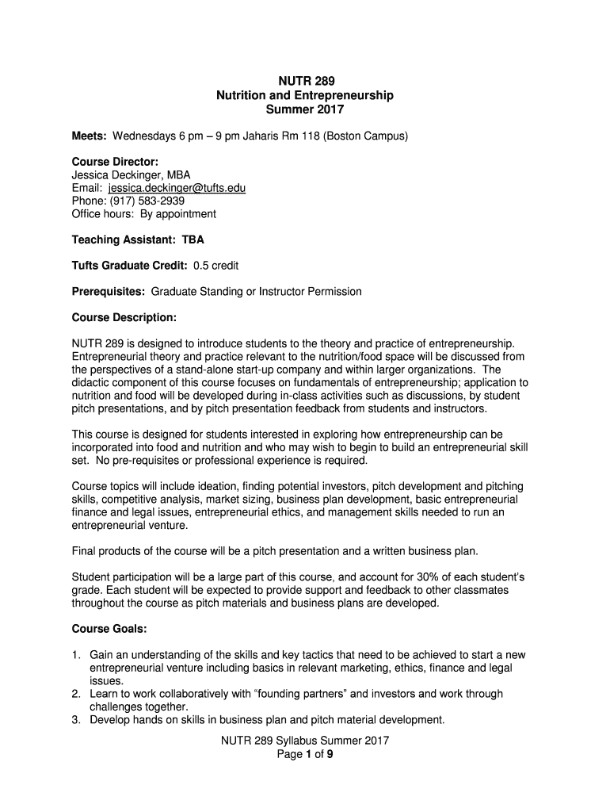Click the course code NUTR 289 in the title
point(305,81)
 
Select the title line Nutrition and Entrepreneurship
point(305,95)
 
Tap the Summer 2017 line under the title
point(305,109)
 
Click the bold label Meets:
point(90,136)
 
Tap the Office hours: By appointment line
point(143,213)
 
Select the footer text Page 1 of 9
point(305,754)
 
